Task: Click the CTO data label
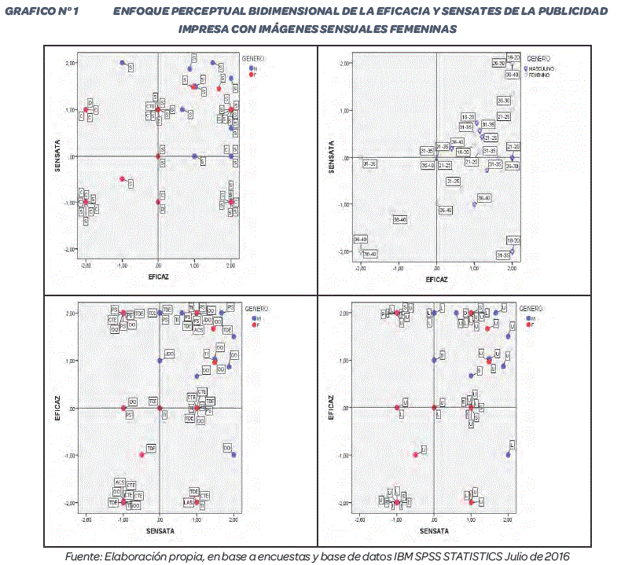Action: pos(149,106)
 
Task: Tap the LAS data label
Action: pos(188,501)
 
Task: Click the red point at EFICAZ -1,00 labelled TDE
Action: pos(141,454)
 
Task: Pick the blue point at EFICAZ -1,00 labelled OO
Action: pos(233,454)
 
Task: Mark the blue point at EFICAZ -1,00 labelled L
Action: pos(508,454)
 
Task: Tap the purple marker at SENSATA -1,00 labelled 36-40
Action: pos(474,204)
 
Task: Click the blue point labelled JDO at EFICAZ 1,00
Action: pos(160,361)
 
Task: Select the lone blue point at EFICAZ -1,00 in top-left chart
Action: pos(123,63)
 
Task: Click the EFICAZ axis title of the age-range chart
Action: pos(436,279)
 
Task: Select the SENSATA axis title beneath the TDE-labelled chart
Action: pos(159,531)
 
